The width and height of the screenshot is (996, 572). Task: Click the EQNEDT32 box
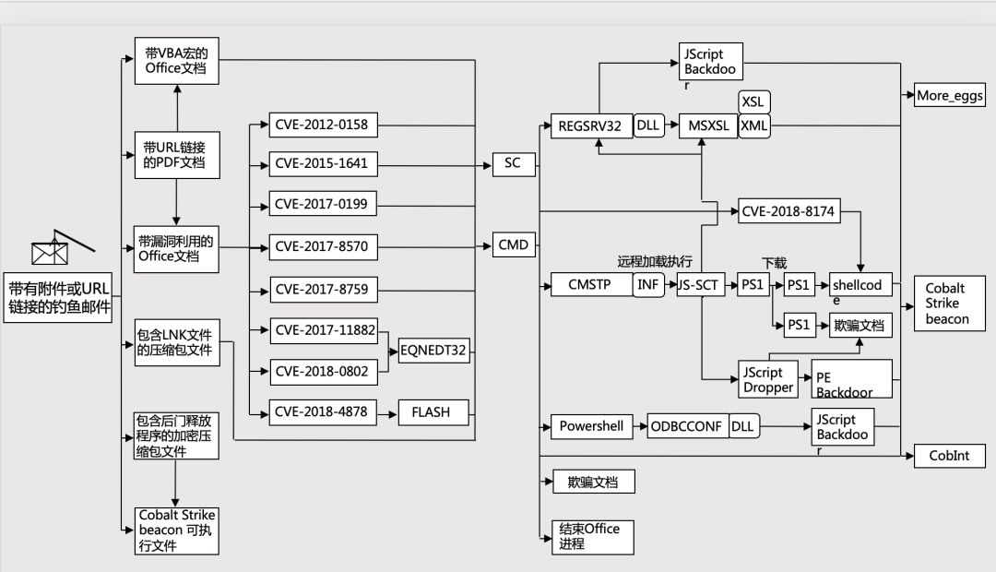pyautogui.click(x=433, y=350)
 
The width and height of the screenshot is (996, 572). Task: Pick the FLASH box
pyautogui.click(x=433, y=411)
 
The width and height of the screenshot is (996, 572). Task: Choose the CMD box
pyautogui.click(x=513, y=245)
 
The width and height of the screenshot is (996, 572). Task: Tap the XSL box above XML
pyautogui.click(x=755, y=101)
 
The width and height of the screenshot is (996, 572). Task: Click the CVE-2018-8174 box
pyautogui.click(x=788, y=211)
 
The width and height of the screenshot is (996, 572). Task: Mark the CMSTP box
pyautogui.click(x=590, y=285)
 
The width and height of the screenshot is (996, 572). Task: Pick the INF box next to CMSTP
pyautogui.click(x=648, y=285)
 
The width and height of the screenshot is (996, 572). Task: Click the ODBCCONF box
pyautogui.click(x=688, y=426)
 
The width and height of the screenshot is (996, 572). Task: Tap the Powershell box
pyautogui.click(x=590, y=426)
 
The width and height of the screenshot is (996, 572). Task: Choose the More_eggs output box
pyautogui.click(x=950, y=95)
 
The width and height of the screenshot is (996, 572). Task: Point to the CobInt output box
pyautogui.click(x=950, y=456)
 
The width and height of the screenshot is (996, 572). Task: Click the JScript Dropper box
pyautogui.click(x=767, y=379)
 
